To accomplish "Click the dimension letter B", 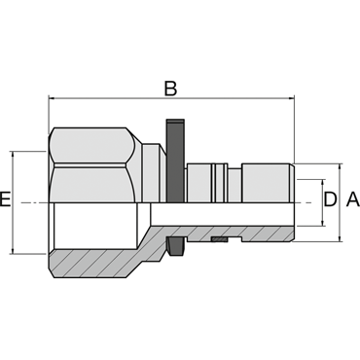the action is [170, 89].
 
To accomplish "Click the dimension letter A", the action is [353, 199].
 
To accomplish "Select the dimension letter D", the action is [331, 199].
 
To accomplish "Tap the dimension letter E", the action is [5, 199].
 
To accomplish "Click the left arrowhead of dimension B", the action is [52, 97].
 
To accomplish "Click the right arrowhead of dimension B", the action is [291, 97].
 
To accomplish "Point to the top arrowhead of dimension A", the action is [340, 167].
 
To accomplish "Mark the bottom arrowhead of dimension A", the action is [340, 237].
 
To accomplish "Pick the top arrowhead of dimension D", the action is [322, 183].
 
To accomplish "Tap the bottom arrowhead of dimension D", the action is [322, 222].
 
